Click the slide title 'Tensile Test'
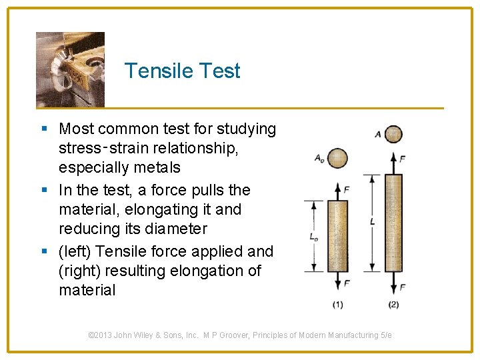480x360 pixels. (x=182, y=71)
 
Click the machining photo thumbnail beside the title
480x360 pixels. (x=70, y=69)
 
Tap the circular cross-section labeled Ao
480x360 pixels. (x=338, y=158)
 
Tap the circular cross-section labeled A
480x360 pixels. (x=394, y=134)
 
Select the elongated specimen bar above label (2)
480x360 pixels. (x=394, y=223)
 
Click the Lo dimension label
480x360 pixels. (x=313, y=236)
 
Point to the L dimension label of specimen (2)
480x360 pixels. (x=371, y=221)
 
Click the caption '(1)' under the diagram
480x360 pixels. (x=338, y=305)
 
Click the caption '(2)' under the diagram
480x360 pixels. (x=394, y=305)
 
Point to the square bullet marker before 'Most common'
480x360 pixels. (x=44, y=129)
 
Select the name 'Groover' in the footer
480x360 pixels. (x=250, y=335)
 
